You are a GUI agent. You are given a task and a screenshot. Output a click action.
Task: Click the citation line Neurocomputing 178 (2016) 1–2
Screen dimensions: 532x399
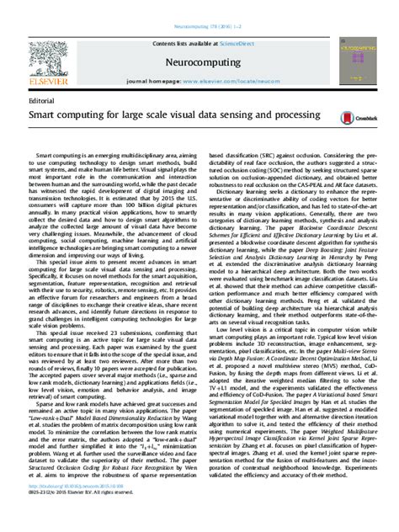tap(199, 6)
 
